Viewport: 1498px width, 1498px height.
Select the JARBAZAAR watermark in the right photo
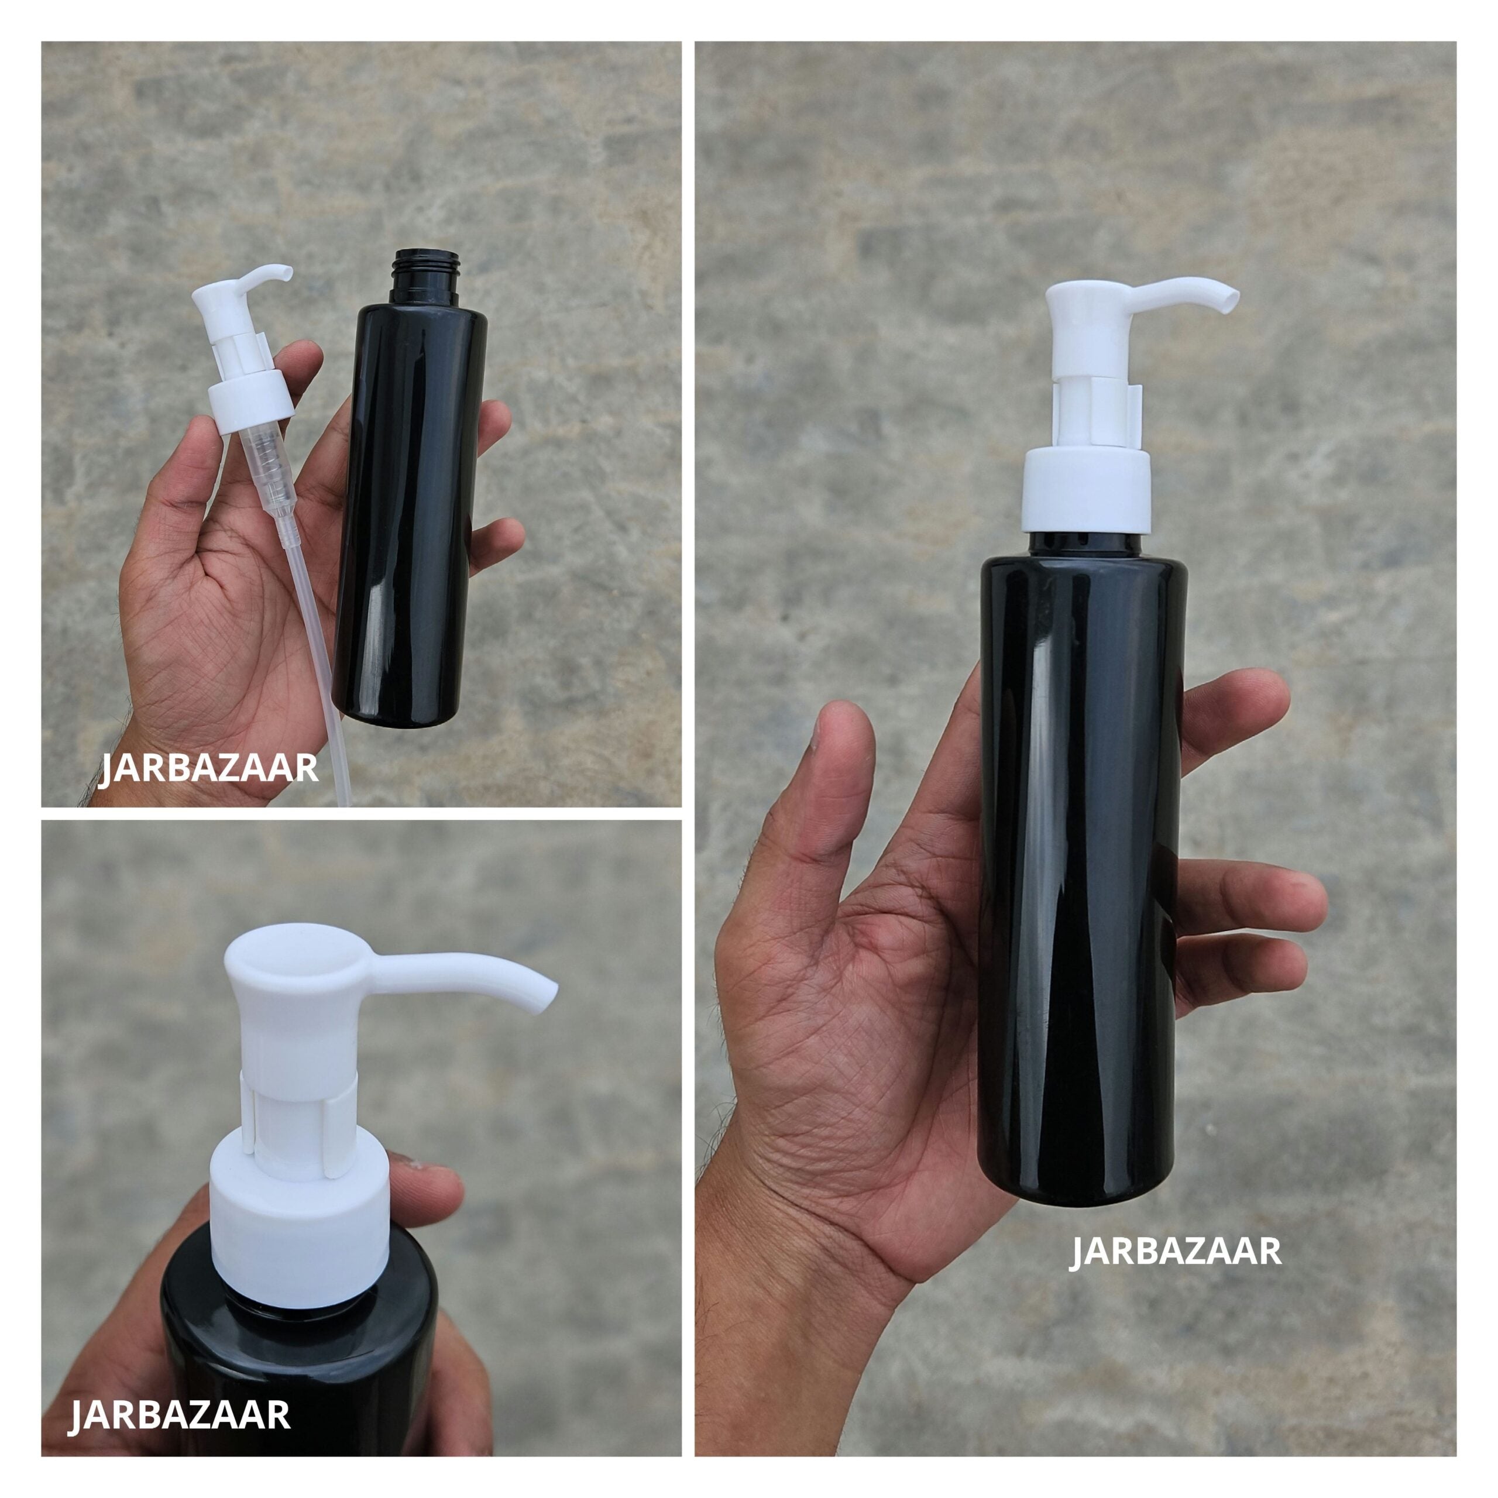1174,1252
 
